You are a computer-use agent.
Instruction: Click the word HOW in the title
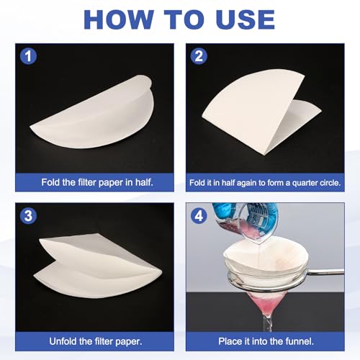[118, 19]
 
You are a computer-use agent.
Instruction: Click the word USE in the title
[245, 19]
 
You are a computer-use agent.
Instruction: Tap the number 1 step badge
[28, 56]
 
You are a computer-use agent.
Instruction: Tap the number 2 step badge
[199, 56]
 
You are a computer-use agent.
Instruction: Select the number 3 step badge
[28, 215]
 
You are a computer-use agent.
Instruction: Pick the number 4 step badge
[199, 215]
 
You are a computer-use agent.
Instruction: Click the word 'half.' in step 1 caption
[144, 182]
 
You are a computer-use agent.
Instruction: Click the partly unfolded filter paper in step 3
[99, 265]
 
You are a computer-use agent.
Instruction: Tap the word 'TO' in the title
[184, 19]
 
